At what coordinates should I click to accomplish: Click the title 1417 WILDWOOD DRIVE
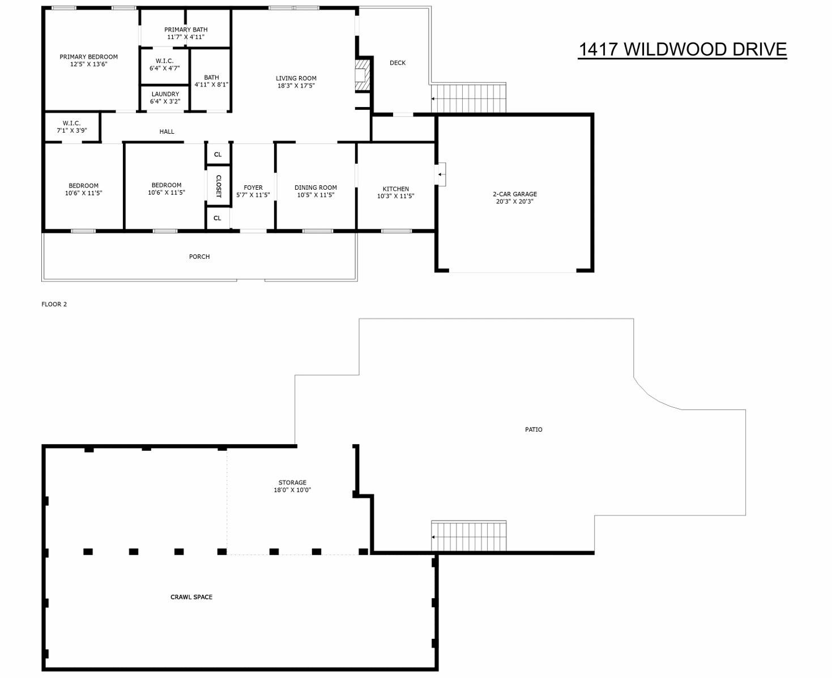pos(682,49)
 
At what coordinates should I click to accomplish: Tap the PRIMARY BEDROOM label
pos(88,57)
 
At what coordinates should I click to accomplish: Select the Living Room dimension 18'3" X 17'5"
pos(296,86)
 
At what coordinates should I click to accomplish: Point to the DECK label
pos(398,63)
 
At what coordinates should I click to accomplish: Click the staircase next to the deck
pos(468,98)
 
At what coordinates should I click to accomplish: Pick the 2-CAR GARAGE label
pos(514,194)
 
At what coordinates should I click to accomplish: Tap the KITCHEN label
pos(395,189)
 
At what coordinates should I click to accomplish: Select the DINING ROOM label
pos(315,187)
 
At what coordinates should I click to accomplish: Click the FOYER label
pos(253,187)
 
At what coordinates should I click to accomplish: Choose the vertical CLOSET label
pos(218,186)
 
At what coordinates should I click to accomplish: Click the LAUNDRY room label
pos(165,94)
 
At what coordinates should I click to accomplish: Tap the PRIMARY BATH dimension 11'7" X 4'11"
pos(186,37)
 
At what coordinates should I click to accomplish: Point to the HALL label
pos(167,131)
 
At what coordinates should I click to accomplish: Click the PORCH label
pos(199,257)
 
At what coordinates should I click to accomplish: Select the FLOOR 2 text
pos(54,304)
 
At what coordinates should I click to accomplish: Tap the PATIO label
pos(534,429)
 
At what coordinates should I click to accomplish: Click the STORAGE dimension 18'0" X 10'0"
pos(292,490)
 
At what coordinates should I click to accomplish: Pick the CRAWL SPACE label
pos(191,597)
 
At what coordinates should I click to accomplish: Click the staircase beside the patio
pos(468,536)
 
